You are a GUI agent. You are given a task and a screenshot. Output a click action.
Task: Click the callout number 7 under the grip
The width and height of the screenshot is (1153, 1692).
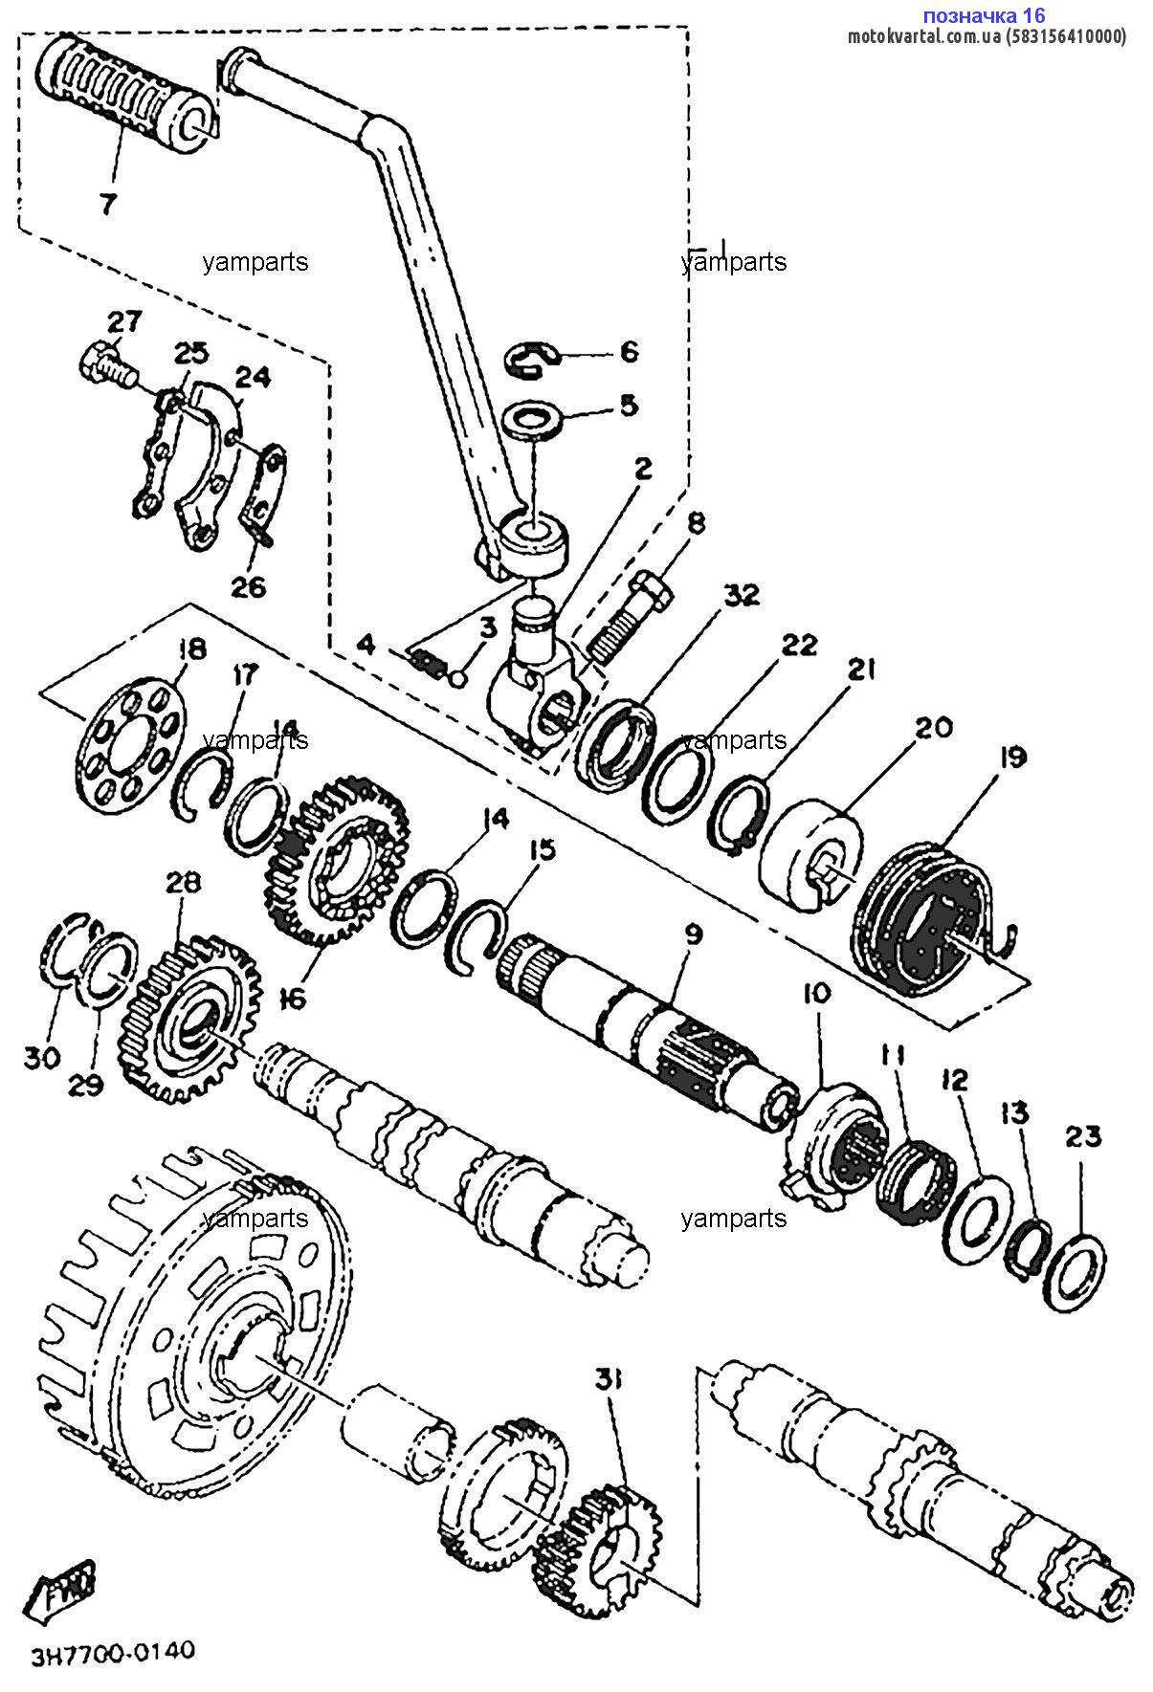click(107, 202)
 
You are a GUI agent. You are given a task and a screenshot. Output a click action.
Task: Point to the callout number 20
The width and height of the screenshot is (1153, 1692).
click(933, 728)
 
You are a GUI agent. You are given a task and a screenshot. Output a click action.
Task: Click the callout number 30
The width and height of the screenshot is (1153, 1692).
click(43, 1058)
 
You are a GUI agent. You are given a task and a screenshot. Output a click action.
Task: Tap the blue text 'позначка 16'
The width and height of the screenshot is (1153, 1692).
click(983, 15)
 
